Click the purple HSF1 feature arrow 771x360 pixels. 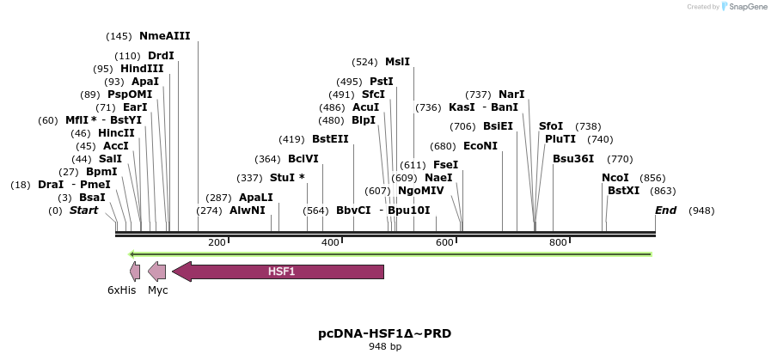279,272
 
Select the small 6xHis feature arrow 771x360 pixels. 135,272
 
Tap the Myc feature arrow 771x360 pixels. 157,272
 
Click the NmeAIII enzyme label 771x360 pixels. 164,36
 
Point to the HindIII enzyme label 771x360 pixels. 142,69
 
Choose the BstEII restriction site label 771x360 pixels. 330,138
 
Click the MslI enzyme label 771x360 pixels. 397,62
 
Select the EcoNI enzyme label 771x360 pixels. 480,146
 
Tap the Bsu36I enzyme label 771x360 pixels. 573,159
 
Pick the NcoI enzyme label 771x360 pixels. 615,178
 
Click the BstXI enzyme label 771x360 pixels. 623,190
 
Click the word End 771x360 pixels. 665,211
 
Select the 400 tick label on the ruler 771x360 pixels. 330,243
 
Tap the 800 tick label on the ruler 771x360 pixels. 557,243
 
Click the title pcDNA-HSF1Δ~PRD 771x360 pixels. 384,333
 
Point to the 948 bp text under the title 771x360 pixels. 384,347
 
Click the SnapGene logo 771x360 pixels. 744,7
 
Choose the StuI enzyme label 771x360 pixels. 287,178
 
